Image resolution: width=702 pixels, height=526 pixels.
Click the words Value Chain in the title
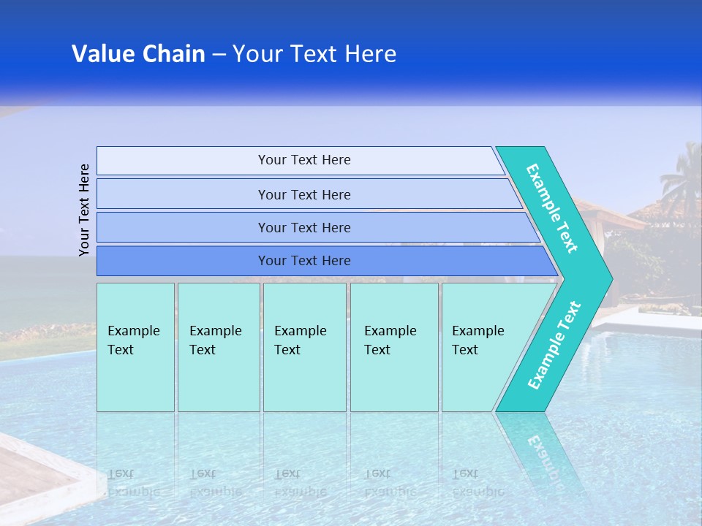[138, 54]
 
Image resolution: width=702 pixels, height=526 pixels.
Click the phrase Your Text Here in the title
[314, 54]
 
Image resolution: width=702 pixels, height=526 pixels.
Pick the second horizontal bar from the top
[303, 194]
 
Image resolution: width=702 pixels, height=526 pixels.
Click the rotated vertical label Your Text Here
[84, 210]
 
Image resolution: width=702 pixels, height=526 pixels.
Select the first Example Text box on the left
[135, 347]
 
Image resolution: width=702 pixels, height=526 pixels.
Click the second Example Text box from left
[218, 347]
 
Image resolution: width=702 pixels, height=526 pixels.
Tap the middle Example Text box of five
[304, 347]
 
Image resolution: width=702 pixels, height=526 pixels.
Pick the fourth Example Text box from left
[393, 347]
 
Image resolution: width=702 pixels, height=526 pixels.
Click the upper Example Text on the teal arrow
[552, 208]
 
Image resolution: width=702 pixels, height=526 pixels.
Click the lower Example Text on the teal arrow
[554, 346]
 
